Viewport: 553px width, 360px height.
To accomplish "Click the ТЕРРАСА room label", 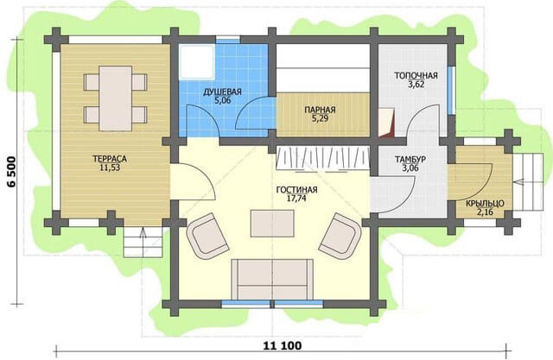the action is tap(110, 159).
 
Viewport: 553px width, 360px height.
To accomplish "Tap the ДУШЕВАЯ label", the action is tap(222, 92).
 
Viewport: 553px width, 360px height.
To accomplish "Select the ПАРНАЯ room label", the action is tap(320, 110).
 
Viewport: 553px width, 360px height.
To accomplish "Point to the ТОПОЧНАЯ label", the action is tap(416, 76).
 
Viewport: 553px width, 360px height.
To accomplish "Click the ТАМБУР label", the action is tap(410, 160).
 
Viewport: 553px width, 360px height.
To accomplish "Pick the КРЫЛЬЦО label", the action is tap(485, 204).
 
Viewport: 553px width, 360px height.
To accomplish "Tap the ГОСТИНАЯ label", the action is tap(296, 190).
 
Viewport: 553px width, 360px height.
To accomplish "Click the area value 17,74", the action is tap(296, 199).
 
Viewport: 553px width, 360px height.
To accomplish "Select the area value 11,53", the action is tap(110, 167).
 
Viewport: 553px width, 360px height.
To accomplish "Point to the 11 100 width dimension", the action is tap(283, 345).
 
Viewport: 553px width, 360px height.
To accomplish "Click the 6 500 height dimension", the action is tap(11, 172).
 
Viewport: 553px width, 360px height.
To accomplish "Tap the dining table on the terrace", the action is tap(116, 98).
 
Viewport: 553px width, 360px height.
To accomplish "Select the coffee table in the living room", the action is tap(272, 224).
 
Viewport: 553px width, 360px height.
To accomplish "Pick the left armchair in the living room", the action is tap(207, 236).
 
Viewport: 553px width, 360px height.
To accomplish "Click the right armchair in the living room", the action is tap(340, 236).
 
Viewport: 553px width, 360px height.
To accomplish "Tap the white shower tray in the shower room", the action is tap(196, 61).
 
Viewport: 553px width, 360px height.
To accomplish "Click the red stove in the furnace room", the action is tap(386, 123).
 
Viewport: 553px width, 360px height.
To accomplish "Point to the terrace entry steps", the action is tap(143, 242).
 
